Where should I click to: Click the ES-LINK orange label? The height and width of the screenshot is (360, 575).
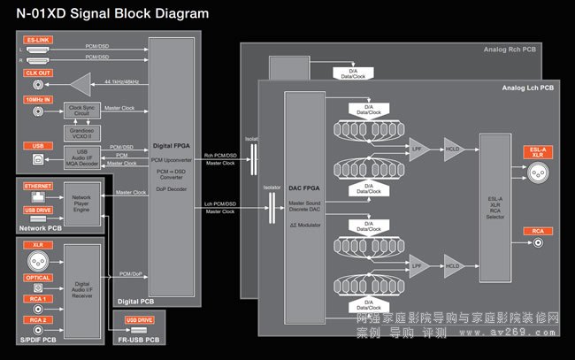[39, 39]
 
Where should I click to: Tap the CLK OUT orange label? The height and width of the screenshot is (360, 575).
[39, 73]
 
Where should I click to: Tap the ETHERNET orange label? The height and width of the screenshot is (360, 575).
[39, 188]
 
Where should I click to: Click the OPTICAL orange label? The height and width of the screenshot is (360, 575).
[38, 278]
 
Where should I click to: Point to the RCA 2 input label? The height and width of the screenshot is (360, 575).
[37, 319]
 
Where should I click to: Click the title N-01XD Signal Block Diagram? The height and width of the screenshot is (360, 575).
[105, 13]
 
